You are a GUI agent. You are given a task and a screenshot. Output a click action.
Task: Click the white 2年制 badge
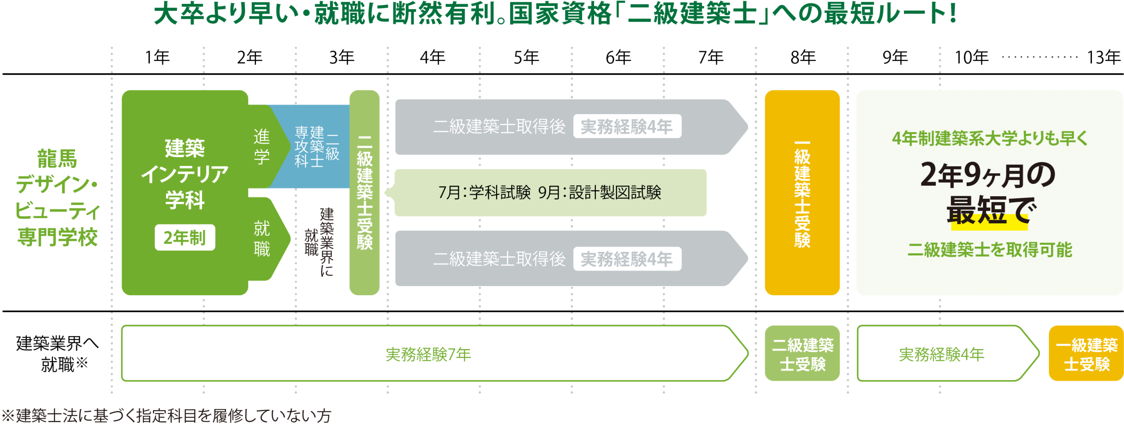click(185, 237)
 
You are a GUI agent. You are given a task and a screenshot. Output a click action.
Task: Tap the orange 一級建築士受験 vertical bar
click(802, 193)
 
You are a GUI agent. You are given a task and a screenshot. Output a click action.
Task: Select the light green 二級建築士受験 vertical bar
click(364, 193)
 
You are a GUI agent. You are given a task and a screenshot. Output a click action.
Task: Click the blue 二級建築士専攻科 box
click(316, 147)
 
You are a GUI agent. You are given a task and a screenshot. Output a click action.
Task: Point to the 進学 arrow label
click(262, 147)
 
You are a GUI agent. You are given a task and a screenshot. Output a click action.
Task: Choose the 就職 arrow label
click(262, 238)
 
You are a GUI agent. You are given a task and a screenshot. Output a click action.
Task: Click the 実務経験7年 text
click(428, 354)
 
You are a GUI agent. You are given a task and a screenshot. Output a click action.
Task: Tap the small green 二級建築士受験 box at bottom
click(802, 354)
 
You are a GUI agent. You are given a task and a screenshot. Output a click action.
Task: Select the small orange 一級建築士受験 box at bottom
click(1086, 354)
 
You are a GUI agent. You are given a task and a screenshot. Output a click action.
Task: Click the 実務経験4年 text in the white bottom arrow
click(941, 354)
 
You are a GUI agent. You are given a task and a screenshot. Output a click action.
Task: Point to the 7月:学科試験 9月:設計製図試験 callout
click(550, 193)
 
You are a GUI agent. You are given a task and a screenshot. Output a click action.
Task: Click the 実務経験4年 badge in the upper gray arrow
click(627, 127)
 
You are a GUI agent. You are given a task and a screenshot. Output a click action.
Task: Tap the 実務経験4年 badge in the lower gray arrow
click(627, 259)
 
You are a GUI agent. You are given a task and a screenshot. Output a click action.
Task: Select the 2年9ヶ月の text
click(988, 174)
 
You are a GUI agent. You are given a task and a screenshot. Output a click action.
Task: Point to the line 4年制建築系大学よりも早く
click(990, 139)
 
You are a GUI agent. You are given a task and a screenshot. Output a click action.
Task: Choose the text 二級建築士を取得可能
click(990, 250)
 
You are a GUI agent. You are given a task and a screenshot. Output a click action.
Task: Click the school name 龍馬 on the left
click(57, 158)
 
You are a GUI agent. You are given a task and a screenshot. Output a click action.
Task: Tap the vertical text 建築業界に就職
click(320, 241)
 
